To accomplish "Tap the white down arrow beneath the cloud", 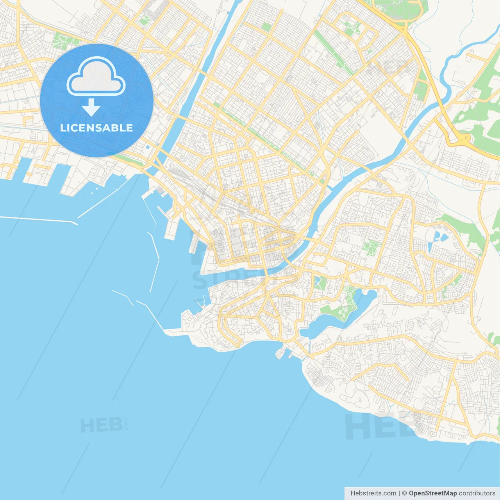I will pos(91,108).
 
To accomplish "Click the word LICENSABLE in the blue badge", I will pos(96,128).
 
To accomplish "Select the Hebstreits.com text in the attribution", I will pos(373,493).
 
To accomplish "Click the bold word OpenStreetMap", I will pos(432,493).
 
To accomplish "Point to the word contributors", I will pos(477,493).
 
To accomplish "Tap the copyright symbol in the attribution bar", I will pos(404,493).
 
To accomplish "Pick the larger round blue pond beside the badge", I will pos(148,148).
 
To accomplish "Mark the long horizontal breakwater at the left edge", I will pos(37,219).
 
